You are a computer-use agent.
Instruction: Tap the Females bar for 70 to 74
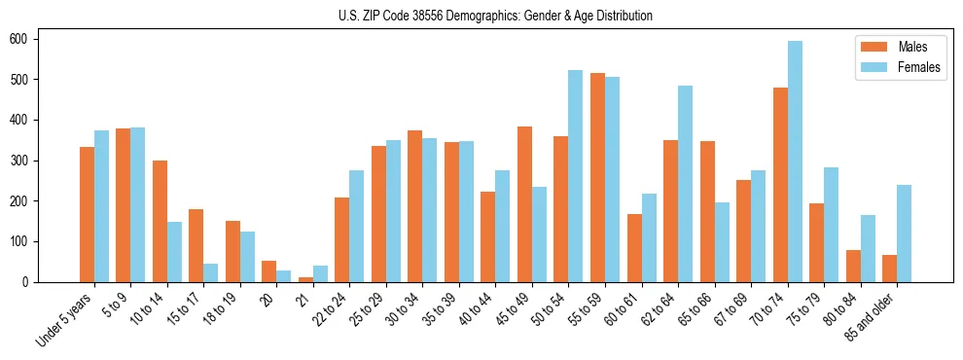click(x=794, y=162)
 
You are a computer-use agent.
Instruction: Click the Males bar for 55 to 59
click(x=597, y=177)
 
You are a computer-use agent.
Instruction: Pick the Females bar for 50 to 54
click(x=575, y=176)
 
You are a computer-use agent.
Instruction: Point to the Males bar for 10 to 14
click(x=160, y=221)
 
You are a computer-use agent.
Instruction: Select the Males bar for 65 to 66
click(x=706, y=211)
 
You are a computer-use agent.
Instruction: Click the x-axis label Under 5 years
click(x=67, y=319)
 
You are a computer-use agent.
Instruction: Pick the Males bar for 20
click(x=268, y=271)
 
